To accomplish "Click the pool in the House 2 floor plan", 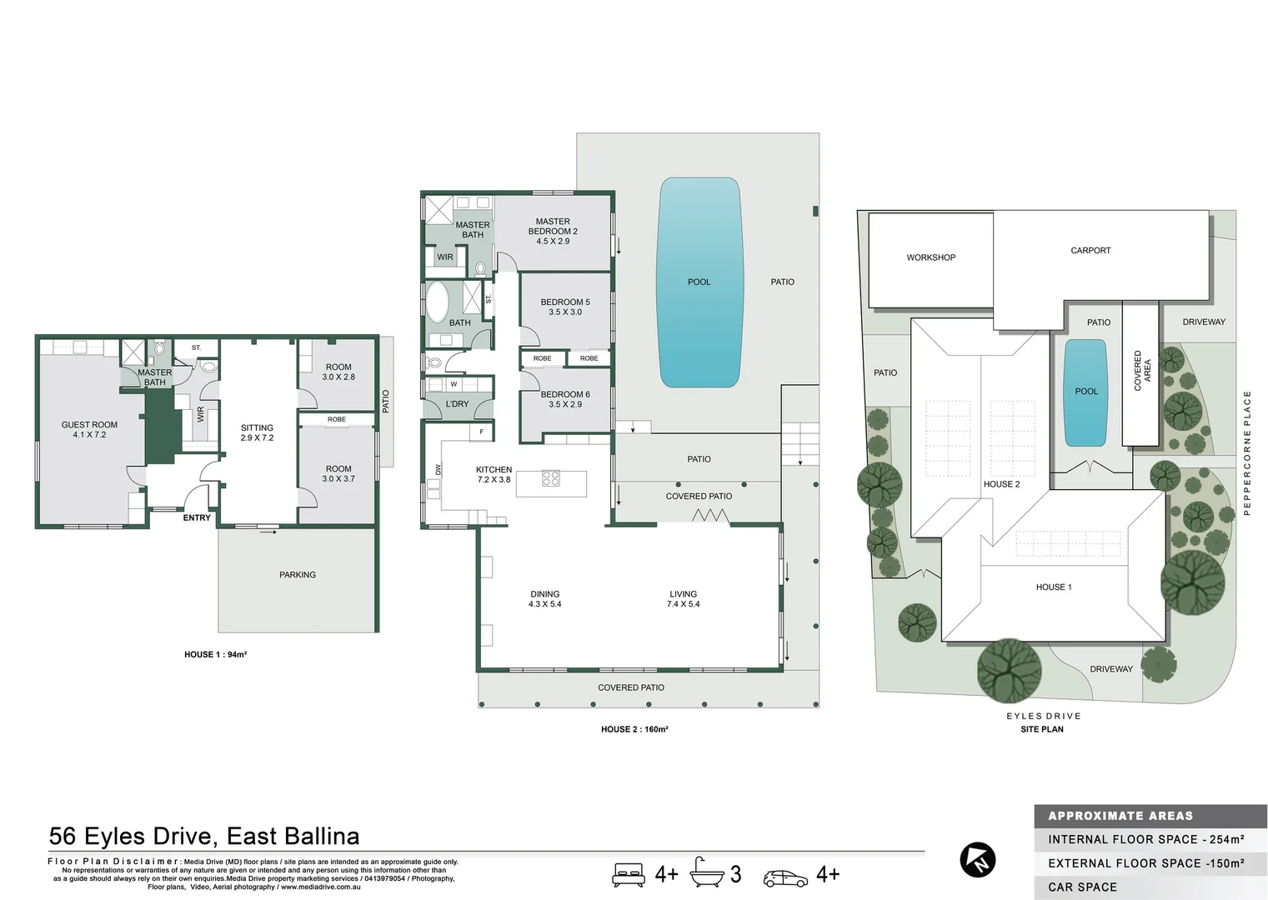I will click(699, 282).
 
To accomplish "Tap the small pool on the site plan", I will click(1085, 392).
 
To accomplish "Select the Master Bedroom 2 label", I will click(553, 232).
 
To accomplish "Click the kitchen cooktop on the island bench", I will click(551, 478).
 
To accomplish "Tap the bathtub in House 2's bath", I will click(438, 301).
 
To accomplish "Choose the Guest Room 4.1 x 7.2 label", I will click(89, 429).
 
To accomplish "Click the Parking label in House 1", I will click(298, 575).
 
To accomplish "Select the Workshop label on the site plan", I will click(930, 257).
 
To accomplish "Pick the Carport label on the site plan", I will click(1090, 250).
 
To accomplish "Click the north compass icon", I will click(977, 860).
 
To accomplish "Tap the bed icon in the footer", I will click(629, 874).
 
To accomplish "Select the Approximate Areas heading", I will click(1120, 816).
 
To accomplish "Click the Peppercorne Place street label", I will click(1247, 453).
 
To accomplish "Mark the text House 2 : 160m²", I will click(634, 729).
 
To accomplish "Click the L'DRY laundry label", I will click(457, 404).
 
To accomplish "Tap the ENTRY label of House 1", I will click(197, 517).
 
